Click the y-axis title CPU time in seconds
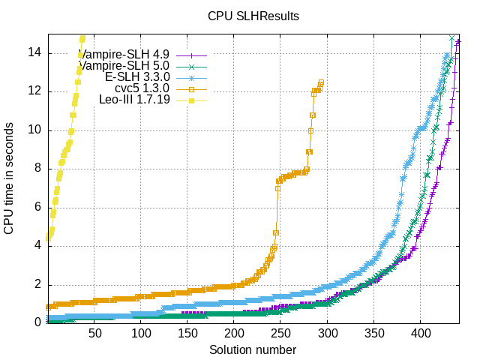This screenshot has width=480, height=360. point(10,178)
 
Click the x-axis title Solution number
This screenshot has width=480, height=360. point(253,349)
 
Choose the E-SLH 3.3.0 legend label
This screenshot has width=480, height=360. point(137,77)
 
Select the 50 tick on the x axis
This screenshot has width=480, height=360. point(95,333)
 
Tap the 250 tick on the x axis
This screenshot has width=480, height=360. point(281,333)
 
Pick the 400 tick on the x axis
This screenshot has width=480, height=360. point(421,333)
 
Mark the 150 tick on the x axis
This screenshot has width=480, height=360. point(188,333)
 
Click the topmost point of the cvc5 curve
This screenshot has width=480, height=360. point(321,82)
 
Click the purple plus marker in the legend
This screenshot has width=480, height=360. point(191,55)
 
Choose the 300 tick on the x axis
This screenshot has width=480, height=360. point(328,333)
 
